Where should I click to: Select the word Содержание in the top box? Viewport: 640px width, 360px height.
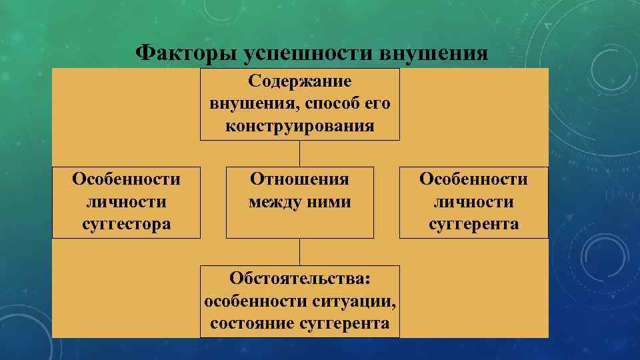click(x=300, y=81)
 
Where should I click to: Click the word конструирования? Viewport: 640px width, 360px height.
click(x=300, y=126)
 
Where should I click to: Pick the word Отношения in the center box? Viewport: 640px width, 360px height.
click(x=299, y=179)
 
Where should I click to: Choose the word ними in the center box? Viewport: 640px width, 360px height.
click(x=331, y=201)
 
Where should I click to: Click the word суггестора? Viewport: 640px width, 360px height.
click(x=127, y=223)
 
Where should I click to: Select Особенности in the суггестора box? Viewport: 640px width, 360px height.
click(x=127, y=179)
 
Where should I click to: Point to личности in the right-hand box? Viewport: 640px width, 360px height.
click(x=473, y=201)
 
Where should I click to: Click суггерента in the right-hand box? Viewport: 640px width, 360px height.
click(x=473, y=223)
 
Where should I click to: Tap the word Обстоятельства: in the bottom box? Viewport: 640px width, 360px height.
click(x=299, y=278)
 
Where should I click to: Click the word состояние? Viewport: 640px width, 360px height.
click(x=252, y=323)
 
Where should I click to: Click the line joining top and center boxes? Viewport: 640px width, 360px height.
click(x=299, y=153)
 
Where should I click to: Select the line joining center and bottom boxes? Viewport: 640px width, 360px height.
click(x=299, y=251)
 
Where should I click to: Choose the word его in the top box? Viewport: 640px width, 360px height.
click(x=377, y=104)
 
